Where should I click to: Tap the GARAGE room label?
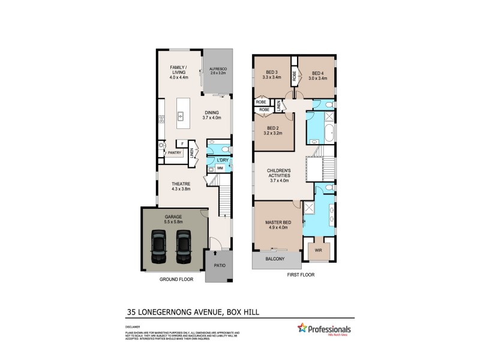174,217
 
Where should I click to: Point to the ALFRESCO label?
217,69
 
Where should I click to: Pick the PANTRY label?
175,152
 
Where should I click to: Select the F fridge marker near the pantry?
181,144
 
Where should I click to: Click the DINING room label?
211,113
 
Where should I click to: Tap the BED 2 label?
273,128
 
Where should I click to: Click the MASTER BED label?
277,223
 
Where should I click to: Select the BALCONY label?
277,260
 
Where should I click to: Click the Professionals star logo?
303,328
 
